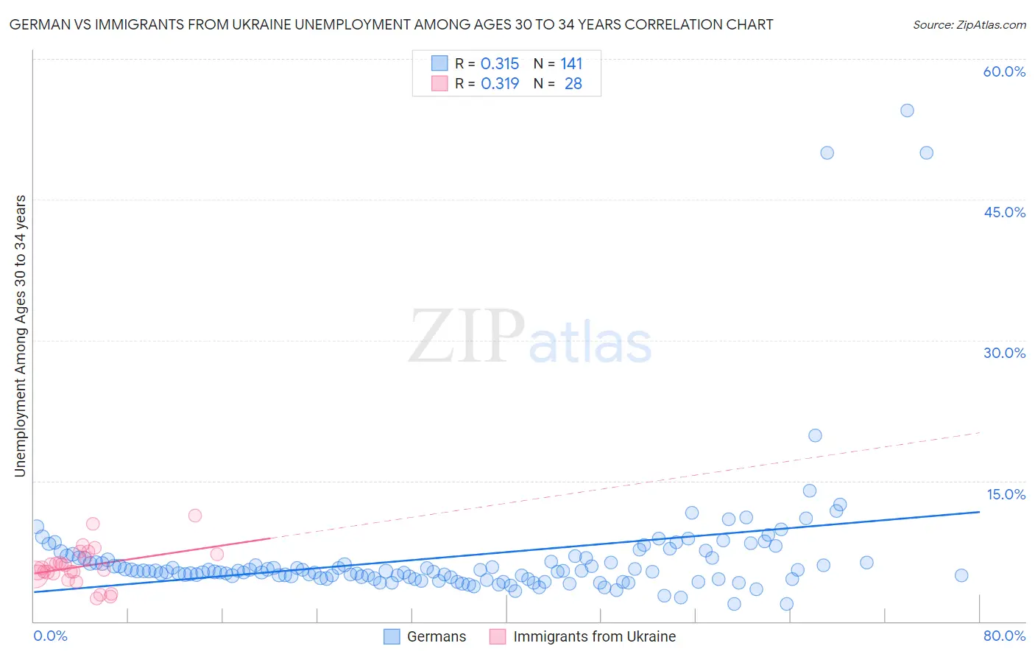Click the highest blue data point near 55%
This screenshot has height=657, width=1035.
(x=907, y=110)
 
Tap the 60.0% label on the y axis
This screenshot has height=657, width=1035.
(x=1004, y=71)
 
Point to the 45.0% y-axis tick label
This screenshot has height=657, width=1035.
(x=1004, y=212)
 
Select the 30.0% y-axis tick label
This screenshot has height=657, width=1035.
(x=1004, y=353)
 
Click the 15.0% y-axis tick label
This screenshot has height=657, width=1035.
(x=1006, y=494)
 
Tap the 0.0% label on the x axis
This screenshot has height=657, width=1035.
(x=50, y=636)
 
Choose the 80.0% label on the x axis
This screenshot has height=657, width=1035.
(x=1004, y=636)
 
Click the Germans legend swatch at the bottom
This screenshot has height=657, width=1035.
(x=392, y=636)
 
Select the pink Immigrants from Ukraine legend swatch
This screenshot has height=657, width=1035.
(x=498, y=636)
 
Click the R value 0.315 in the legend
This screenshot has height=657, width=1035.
(x=500, y=64)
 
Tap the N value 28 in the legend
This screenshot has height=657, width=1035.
(x=573, y=84)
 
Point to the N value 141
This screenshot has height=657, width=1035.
(x=571, y=64)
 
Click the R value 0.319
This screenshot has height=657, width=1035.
(x=500, y=84)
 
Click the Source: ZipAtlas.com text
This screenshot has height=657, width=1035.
(x=969, y=25)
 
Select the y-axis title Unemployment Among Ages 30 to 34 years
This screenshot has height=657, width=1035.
(x=21, y=336)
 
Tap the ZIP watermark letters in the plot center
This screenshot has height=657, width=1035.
(x=467, y=337)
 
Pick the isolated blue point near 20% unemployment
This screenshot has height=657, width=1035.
(x=815, y=435)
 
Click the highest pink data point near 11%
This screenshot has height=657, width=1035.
(x=195, y=516)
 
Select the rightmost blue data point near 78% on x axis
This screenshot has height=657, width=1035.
(x=961, y=575)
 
